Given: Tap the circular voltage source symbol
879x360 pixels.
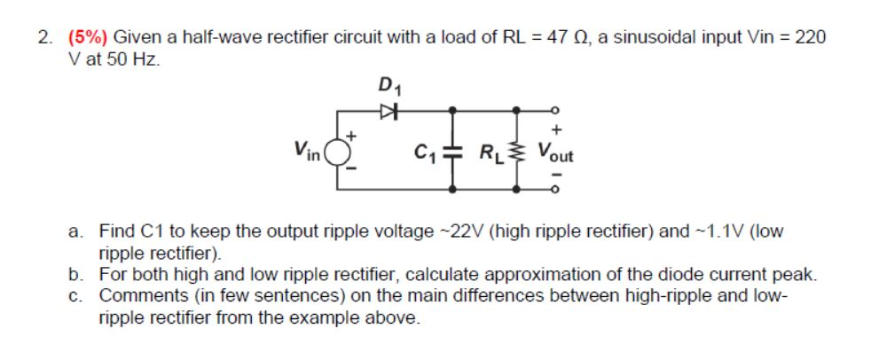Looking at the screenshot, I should click(338, 153).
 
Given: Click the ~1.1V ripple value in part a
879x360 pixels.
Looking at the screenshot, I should click(715, 232).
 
